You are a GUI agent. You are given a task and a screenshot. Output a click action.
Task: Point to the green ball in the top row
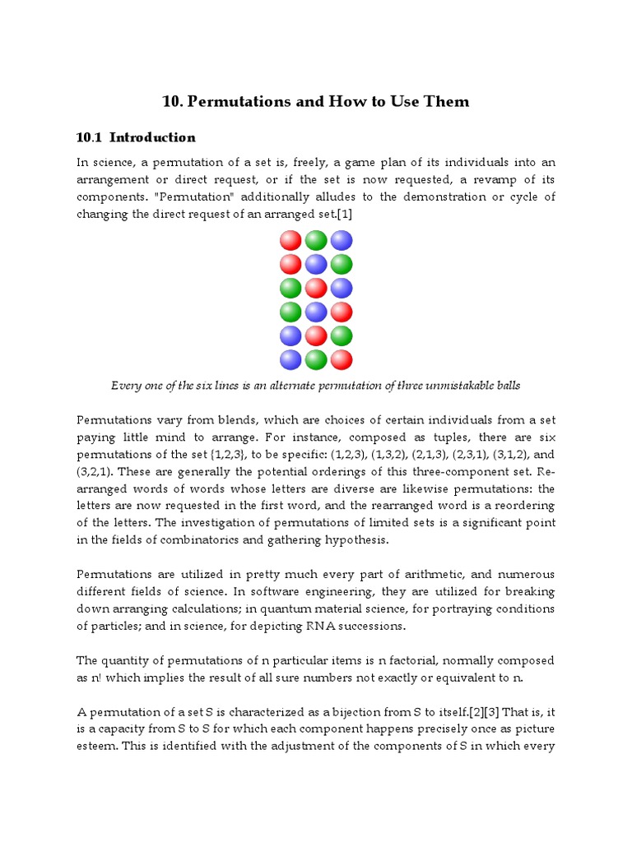pyautogui.click(x=316, y=240)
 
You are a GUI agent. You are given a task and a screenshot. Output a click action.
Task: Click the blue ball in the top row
pyautogui.click(x=342, y=240)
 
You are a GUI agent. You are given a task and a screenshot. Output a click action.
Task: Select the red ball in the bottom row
pyautogui.click(x=342, y=359)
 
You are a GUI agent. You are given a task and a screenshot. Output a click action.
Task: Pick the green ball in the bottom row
pyautogui.click(x=316, y=359)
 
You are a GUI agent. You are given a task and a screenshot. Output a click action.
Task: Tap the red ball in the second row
pyautogui.click(x=291, y=264)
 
